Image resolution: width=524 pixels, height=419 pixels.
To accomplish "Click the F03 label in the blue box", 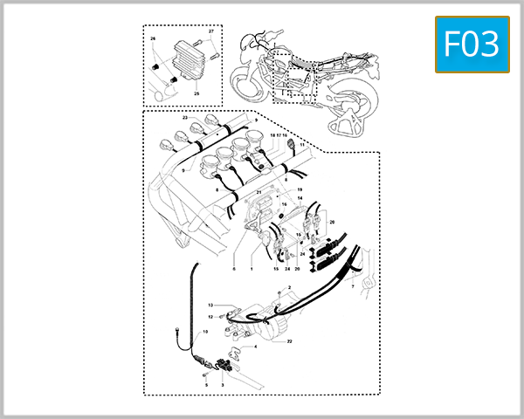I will pos(471,45).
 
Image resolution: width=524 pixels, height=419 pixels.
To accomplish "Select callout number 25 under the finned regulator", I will pos(196,93).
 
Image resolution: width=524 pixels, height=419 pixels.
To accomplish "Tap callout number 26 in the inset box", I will pos(152,39).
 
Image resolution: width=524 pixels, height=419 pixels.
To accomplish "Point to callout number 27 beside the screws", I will pos(211,32).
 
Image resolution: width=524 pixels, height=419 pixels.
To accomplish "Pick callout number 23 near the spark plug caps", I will pos(185,116).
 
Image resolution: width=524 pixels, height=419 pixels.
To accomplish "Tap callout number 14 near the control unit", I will pos(299,198).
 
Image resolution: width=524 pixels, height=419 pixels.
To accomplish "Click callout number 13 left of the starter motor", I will pos(210,305).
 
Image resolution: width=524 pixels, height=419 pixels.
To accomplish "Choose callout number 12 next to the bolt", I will pos(210,317).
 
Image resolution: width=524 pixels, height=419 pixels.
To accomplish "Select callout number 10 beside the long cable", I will pos(206,333).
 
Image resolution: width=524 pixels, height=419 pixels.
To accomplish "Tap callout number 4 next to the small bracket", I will pos(256,347).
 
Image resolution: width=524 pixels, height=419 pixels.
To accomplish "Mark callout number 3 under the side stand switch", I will pos(223,383).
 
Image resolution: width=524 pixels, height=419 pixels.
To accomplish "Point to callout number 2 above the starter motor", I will pos(289,287).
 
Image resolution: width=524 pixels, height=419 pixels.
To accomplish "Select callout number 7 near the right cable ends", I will pos(352,285).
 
